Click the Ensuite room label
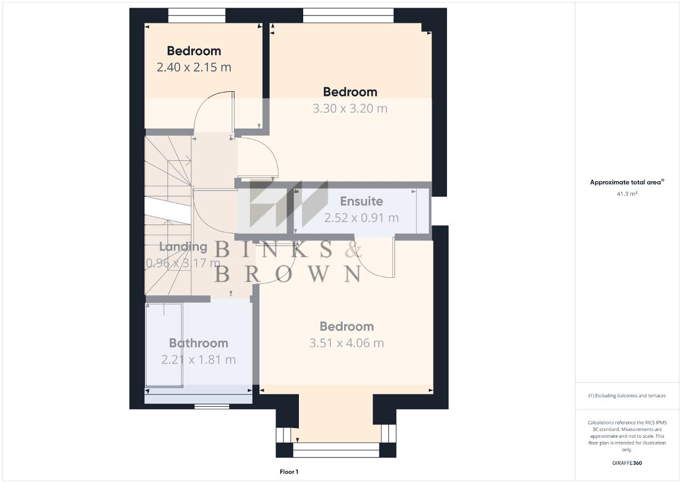(x=361, y=202)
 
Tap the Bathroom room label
(x=199, y=343)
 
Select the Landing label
(x=183, y=247)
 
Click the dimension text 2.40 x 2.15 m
(x=194, y=67)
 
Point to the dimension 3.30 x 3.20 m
(x=350, y=108)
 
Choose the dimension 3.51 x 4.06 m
(x=346, y=343)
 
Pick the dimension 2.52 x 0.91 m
(x=361, y=218)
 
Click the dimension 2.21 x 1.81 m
(x=199, y=360)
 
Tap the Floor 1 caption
(x=289, y=472)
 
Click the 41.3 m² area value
(x=627, y=194)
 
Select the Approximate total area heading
(x=627, y=182)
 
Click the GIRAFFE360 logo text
(x=627, y=463)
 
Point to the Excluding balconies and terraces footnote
(x=627, y=396)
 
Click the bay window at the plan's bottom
(x=336, y=449)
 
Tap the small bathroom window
(x=212, y=406)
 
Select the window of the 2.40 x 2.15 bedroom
(x=197, y=15)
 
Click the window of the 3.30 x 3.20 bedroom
(x=348, y=15)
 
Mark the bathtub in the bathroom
(x=164, y=345)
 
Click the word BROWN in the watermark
(x=288, y=274)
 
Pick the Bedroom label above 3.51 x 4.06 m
(x=346, y=326)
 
